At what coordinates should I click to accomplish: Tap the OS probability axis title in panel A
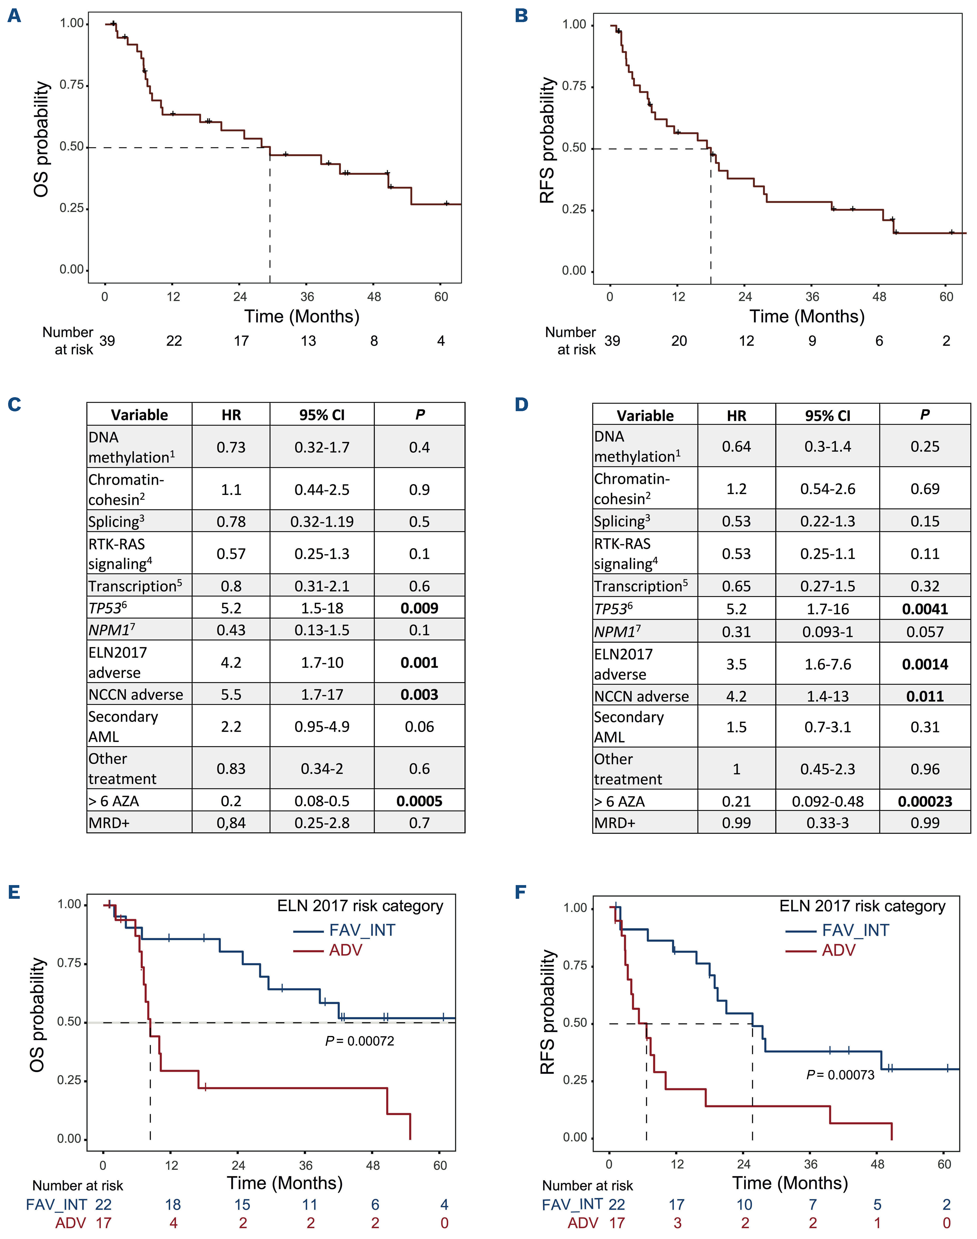41,139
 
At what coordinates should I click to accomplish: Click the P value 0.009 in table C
419,608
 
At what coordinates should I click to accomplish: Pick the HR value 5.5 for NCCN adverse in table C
231,694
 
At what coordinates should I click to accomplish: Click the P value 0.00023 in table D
925,801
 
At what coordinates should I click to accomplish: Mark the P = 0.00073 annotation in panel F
840,1075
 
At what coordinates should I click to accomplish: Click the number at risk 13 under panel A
308,341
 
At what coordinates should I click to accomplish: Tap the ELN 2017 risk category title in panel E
360,906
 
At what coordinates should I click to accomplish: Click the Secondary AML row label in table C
123,726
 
